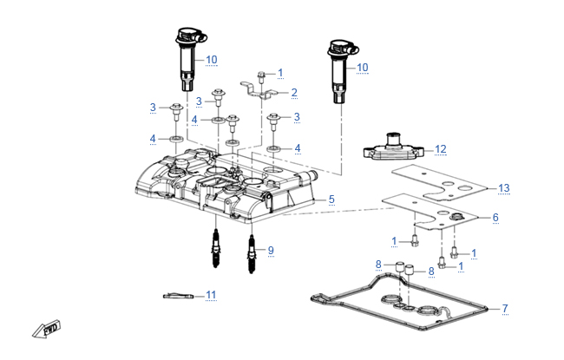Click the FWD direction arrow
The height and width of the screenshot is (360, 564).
[47, 329]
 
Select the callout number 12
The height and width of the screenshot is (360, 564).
[440, 149]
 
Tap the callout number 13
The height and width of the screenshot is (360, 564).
[503, 187]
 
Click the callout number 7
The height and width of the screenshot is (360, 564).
[505, 308]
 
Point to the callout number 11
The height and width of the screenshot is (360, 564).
[211, 295]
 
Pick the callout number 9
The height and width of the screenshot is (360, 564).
[271, 251]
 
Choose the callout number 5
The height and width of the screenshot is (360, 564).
[331, 200]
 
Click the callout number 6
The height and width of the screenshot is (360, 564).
[495, 217]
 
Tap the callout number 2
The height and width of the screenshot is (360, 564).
[294, 93]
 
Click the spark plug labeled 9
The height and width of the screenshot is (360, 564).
[252, 253]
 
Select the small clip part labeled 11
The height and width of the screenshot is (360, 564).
[178, 296]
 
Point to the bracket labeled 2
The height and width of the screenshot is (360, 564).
[259, 90]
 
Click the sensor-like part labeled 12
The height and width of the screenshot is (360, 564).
[393, 148]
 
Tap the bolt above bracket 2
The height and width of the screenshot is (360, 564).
[261, 77]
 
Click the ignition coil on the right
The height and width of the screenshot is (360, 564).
[341, 71]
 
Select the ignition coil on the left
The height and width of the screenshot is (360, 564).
[189, 59]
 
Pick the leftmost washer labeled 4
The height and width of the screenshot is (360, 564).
[177, 139]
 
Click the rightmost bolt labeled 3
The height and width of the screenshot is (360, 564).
[273, 121]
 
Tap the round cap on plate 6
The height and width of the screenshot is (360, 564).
[456, 217]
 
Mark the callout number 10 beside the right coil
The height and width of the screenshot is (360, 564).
[362, 68]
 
